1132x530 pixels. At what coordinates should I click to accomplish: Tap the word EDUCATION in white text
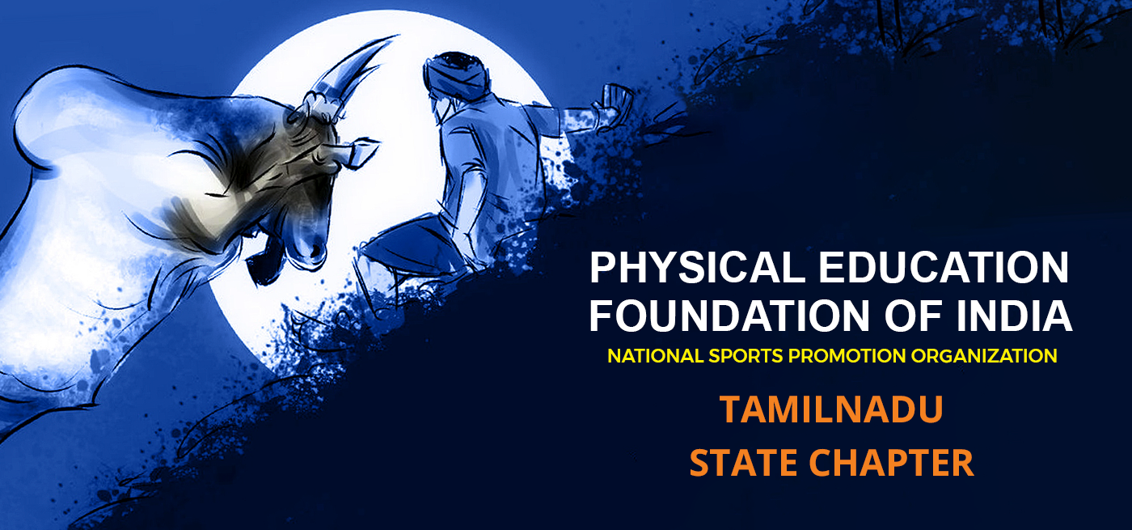coord(944,268)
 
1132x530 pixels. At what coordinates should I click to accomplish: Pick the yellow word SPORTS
coord(746,356)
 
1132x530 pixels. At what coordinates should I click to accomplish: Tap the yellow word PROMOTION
coord(847,356)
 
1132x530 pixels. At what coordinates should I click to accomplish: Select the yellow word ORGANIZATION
coord(984,356)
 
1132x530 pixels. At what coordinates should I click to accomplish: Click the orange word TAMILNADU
coord(831,409)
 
